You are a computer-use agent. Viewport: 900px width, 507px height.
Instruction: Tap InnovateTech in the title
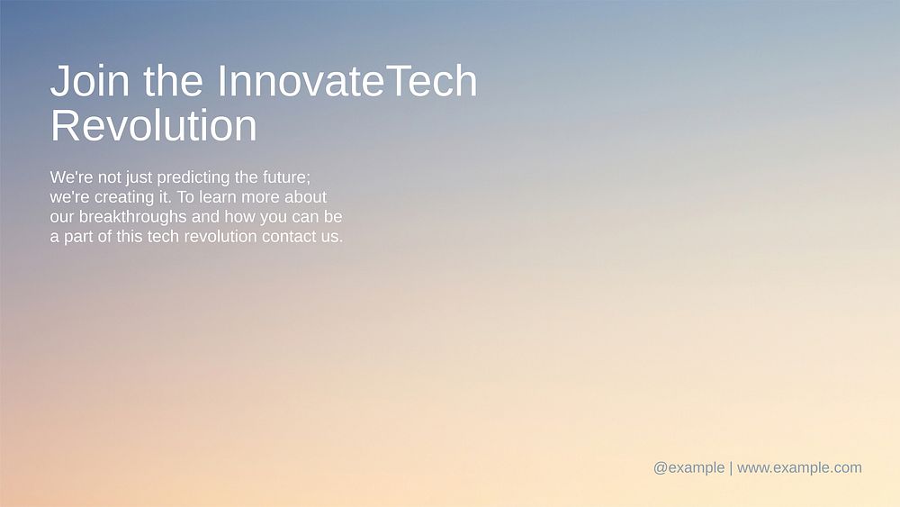coord(346,82)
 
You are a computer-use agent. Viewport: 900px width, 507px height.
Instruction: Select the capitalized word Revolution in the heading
coord(153,126)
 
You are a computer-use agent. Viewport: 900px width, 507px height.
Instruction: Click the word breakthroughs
coord(133,218)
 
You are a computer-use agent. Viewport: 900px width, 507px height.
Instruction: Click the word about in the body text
coord(305,197)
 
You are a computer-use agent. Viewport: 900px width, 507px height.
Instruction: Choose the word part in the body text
coord(78,238)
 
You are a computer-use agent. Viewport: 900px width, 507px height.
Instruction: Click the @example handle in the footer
coord(688,467)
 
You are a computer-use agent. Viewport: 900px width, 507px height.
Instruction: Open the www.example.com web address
coord(799,467)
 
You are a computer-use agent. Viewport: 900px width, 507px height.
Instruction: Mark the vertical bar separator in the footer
coord(731,467)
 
